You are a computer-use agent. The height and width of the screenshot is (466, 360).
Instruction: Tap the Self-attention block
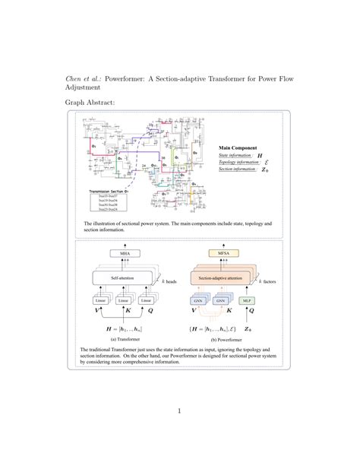(124, 278)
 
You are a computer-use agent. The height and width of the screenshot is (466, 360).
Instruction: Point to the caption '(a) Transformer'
(124, 339)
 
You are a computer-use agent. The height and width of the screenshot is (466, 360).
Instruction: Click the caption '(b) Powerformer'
(224, 339)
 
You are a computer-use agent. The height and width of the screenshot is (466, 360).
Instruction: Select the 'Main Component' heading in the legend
(237, 148)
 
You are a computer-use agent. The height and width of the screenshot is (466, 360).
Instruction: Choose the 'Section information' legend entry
(237, 170)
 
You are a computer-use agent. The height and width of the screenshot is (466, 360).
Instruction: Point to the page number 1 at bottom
(179, 411)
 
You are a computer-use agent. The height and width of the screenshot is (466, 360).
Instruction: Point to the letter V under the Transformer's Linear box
(96, 312)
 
